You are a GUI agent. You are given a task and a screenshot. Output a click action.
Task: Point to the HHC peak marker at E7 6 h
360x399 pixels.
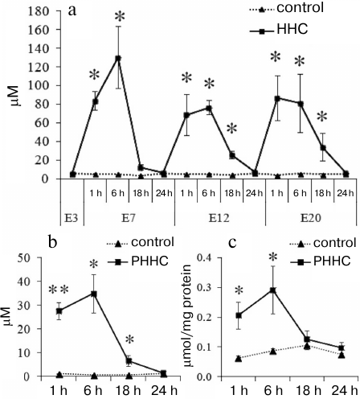[x=118, y=59]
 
